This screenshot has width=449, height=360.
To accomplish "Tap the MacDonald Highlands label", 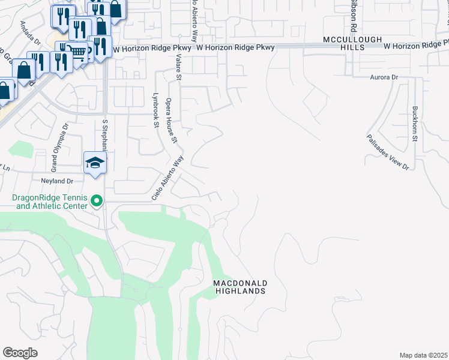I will click(240, 287).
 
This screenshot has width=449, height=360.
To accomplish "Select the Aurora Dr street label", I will click(384, 77).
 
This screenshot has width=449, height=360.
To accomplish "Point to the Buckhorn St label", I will click(415, 124).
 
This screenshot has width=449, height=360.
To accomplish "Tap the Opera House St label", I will click(172, 120).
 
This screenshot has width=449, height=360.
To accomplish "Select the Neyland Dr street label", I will click(57, 181).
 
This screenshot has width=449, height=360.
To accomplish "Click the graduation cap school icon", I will click(95, 163).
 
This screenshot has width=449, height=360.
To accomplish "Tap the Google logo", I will click(20, 353).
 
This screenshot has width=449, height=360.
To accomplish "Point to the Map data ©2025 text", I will click(424, 355).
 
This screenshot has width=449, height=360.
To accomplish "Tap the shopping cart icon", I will click(78, 52).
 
